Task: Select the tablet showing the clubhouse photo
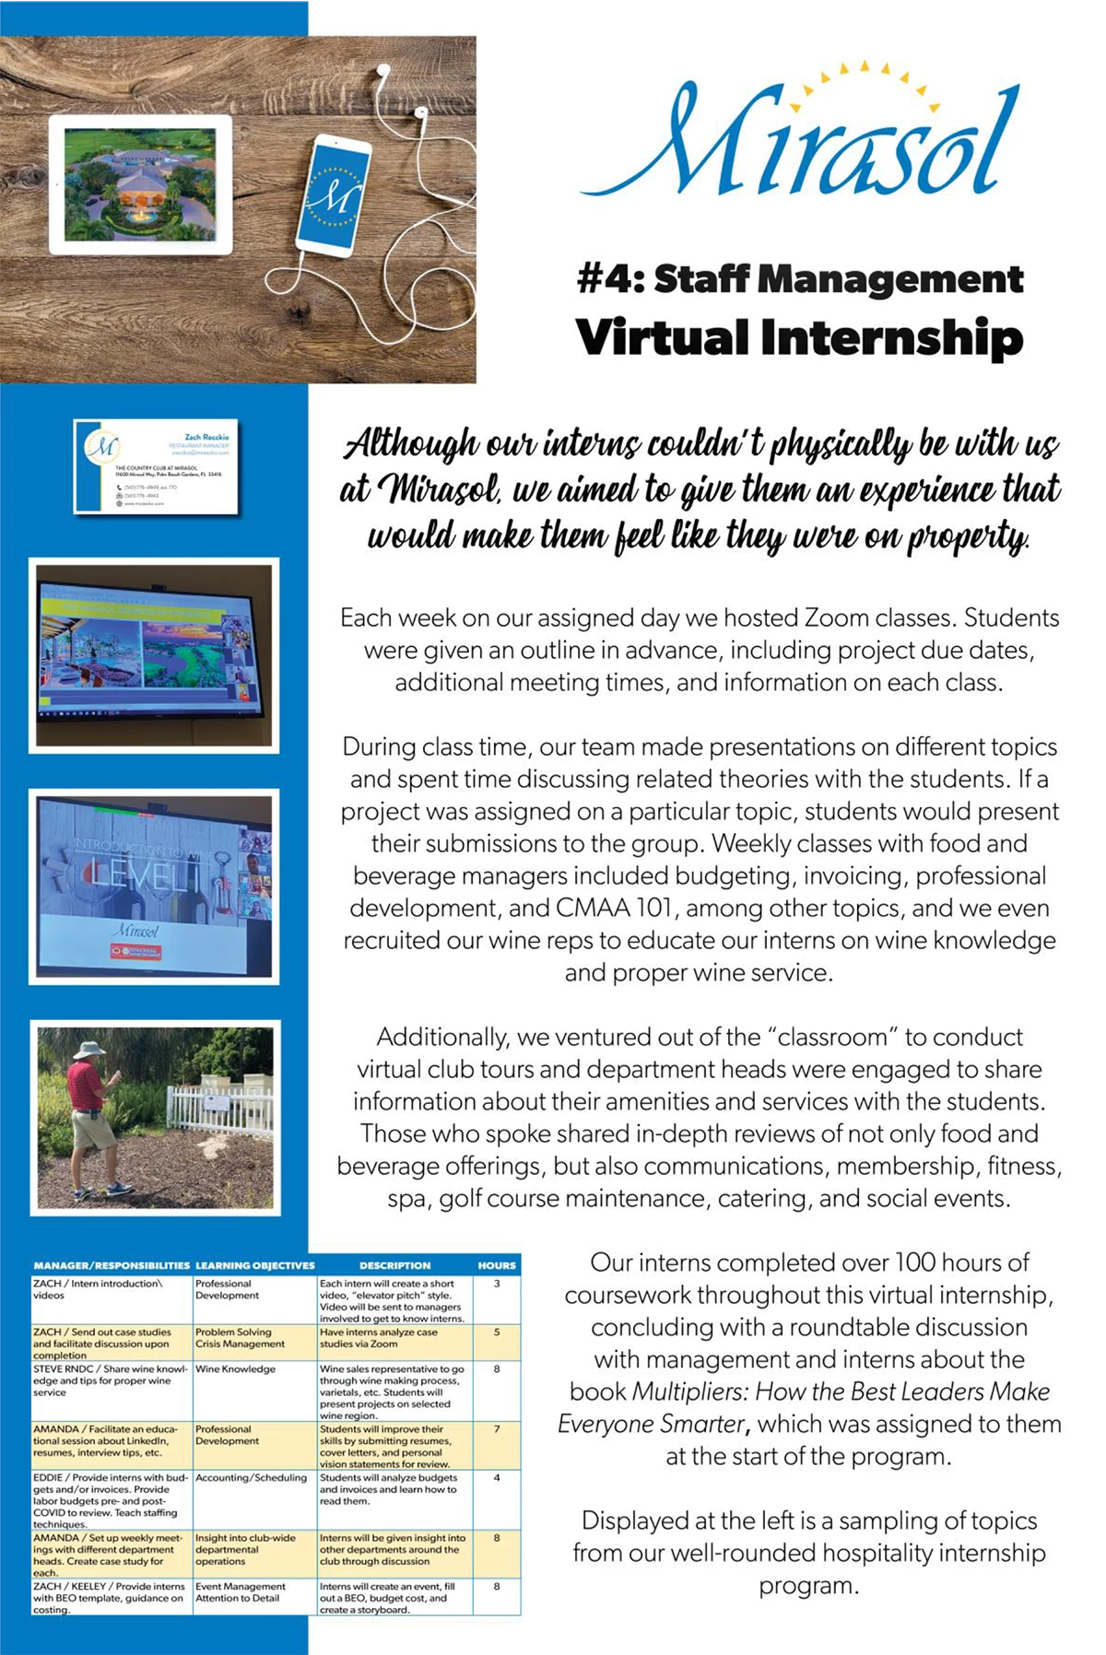[x=140, y=184]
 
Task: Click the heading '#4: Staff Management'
[x=800, y=279]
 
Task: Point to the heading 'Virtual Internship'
[x=800, y=337]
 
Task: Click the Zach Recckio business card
[x=156, y=466]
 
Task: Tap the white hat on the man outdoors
[x=90, y=1051]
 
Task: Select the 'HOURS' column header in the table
[x=497, y=1265]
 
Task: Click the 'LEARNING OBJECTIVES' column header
[x=255, y=1265]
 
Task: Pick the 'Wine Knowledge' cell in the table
[x=236, y=1369]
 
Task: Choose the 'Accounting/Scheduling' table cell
[x=251, y=1477]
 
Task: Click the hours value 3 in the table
[x=497, y=1284]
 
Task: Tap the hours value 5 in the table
[x=497, y=1332]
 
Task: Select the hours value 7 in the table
[x=497, y=1429]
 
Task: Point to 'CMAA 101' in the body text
[x=614, y=908]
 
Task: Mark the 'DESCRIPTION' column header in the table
[x=394, y=1265]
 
